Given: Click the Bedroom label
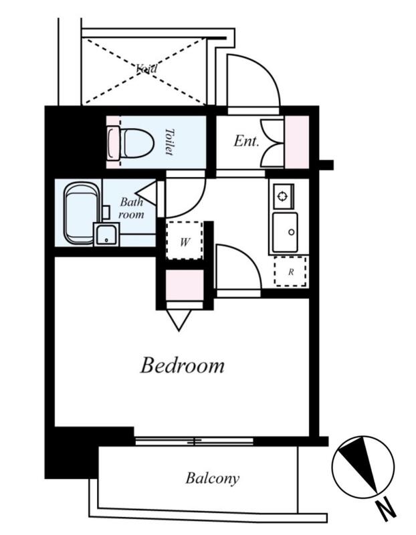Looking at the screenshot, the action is tap(182, 365).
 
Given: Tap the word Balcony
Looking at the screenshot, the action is tap(212, 478).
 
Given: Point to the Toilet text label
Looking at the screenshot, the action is tap(169, 142).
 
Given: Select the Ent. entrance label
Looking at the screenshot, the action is tap(246, 141).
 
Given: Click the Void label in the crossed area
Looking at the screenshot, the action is tap(146, 69).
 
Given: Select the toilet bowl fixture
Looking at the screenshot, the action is tap(130, 143).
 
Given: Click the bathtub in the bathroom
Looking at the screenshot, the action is tap(82, 213).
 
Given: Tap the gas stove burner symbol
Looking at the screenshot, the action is tap(282, 196).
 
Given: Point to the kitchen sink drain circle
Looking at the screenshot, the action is tap(292, 232).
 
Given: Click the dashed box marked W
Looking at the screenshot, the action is tap(185, 241).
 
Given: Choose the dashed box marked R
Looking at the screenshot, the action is tap(290, 272).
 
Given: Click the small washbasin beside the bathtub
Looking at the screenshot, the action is tap(106, 234).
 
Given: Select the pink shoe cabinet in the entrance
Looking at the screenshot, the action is tap(297, 142).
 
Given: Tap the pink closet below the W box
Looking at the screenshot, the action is tap(185, 286).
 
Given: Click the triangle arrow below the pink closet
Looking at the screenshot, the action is tap(179, 320).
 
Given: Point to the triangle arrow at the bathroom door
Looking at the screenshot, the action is tap(146, 193).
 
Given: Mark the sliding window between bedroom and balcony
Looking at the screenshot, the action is tap(194, 441).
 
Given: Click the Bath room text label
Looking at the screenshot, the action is tap(131, 208).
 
